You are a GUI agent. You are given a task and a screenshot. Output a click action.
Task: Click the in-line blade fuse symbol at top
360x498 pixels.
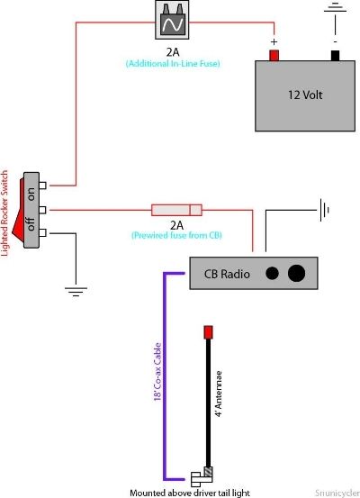tap(172, 20)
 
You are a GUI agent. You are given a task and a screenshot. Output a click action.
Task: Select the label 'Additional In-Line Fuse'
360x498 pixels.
tap(173, 64)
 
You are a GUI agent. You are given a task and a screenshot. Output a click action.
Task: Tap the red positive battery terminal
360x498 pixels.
tap(274, 55)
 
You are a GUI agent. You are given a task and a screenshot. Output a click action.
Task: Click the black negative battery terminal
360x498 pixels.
tap(335, 55)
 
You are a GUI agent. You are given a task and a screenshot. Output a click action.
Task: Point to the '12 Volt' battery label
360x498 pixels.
tap(305, 95)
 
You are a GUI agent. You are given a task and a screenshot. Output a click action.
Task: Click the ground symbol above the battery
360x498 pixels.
tap(335, 7)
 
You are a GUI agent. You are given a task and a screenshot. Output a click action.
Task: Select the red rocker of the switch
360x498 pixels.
tap(18, 211)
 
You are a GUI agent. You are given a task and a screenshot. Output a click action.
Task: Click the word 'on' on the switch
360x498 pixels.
tap(31, 194)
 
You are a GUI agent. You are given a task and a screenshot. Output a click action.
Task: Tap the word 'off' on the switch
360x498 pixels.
tap(31, 223)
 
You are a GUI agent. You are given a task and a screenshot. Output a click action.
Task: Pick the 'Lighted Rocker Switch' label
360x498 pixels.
tap(4, 213)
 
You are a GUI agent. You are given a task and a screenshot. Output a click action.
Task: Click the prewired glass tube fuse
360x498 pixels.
tap(176, 210)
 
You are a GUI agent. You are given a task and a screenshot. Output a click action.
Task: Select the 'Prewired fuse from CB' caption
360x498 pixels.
tap(176, 235)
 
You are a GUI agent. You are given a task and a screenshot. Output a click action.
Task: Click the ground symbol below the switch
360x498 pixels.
tap(76, 292)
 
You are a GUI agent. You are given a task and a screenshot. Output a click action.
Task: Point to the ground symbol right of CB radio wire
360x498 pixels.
tap(324, 210)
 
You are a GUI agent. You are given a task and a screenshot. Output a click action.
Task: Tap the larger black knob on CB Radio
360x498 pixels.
tap(296, 273)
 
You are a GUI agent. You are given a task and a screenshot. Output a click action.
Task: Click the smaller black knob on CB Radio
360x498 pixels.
tap(272, 273)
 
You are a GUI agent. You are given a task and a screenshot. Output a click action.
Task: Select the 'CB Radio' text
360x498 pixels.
tap(227, 274)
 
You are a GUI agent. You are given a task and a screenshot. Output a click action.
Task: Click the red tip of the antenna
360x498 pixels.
tap(208, 332)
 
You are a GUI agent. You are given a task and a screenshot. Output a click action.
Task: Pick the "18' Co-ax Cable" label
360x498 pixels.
tap(157, 372)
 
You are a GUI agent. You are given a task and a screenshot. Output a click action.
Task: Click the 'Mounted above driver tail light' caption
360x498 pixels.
tap(190, 493)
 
